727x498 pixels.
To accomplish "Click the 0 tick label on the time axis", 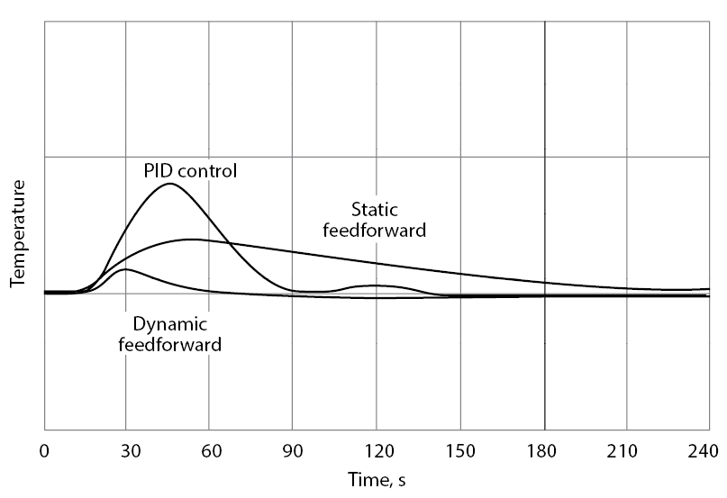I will (44, 451).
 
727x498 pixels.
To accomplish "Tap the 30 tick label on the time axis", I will (125, 451).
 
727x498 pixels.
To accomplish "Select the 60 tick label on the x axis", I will (209, 451).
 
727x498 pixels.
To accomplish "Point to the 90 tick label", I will (293, 451).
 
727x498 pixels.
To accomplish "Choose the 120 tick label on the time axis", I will (377, 451).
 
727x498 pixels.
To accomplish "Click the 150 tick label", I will (460, 451).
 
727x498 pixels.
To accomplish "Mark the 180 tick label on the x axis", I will (544, 451).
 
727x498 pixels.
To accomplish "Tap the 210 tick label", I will (628, 451).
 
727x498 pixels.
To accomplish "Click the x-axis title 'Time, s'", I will (377, 481).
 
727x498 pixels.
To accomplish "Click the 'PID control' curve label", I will (190, 169).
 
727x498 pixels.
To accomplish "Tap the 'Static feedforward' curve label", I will (375, 220).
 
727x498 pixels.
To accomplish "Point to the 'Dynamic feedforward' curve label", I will (170, 333).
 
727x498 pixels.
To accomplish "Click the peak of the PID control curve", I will (168, 184).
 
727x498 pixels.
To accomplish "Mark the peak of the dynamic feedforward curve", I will (124, 269).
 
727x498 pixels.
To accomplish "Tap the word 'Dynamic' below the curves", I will (170, 323).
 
